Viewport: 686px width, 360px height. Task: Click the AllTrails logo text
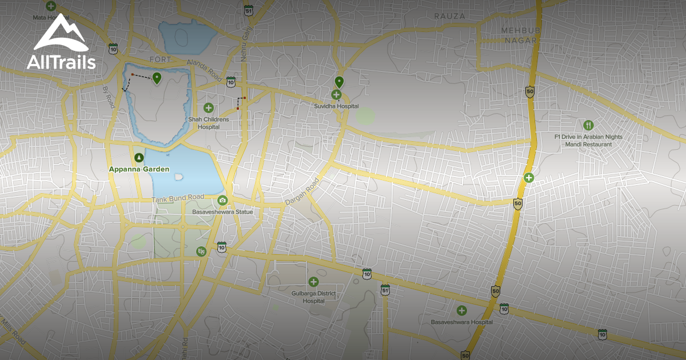[61, 62]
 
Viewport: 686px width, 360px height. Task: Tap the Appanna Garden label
[139, 169]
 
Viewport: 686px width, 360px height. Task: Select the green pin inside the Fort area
[157, 78]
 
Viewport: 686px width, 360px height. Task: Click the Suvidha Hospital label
[336, 106]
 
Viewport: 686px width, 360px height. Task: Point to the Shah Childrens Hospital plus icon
[209, 107]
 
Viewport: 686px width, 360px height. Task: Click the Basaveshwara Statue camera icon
[222, 200]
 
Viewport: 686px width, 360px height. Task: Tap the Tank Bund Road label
[178, 198]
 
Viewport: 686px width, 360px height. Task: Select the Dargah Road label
[302, 193]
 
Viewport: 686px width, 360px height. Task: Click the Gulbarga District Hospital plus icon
[313, 282]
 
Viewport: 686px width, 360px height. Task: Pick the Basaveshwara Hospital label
[461, 322]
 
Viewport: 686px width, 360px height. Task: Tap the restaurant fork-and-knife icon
[588, 125]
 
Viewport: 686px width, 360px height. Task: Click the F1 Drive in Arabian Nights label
[588, 137]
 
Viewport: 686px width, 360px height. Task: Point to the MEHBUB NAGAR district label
[519, 35]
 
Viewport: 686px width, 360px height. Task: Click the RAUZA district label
[449, 16]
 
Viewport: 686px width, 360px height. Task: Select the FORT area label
[160, 59]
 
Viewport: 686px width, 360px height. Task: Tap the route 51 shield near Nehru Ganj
[248, 10]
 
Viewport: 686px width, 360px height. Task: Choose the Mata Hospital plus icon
[51, 7]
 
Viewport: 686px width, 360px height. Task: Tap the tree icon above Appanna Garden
[138, 157]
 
